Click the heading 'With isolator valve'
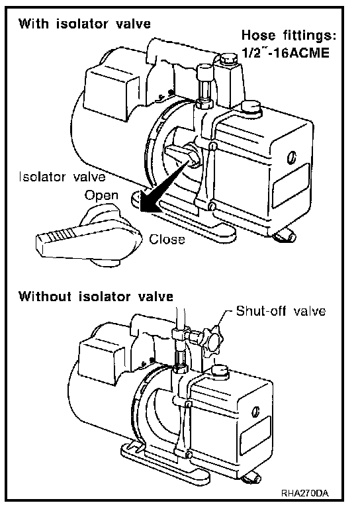(x=84, y=24)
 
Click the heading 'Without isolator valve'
(x=96, y=297)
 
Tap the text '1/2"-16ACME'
(x=286, y=52)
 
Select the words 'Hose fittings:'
(x=289, y=34)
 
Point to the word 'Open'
(x=101, y=196)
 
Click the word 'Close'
(x=167, y=240)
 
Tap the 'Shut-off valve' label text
(x=281, y=310)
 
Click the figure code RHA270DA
(x=305, y=493)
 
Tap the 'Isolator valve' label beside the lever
(x=62, y=177)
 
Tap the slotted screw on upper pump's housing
(x=291, y=158)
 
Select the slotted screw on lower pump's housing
(x=256, y=411)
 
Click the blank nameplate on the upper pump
(x=291, y=185)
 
